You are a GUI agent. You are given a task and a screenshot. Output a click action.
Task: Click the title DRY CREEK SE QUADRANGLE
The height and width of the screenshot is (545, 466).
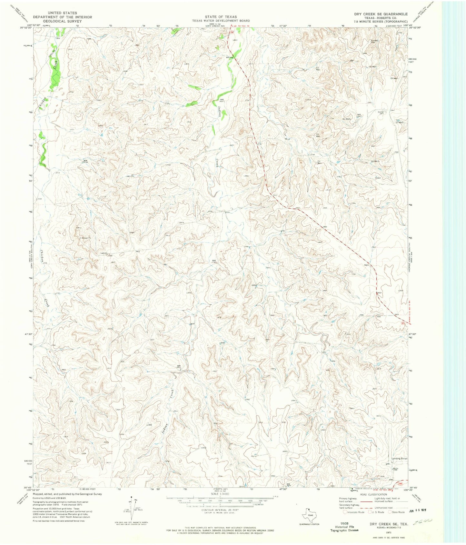pyautogui.click(x=381, y=14)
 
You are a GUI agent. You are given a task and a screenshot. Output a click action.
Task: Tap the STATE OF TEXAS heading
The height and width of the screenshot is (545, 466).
pyautogui.click(x=221, y=17)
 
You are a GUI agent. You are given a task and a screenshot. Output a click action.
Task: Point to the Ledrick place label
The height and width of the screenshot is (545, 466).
pyautogui.click(x=104, y=253)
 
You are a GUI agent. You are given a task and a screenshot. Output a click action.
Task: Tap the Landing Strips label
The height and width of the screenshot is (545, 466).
pyautogui.click(x=399, y=458)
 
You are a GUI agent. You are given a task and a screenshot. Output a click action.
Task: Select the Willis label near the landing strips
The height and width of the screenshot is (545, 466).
pyautogui.click(x=395, y=468)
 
